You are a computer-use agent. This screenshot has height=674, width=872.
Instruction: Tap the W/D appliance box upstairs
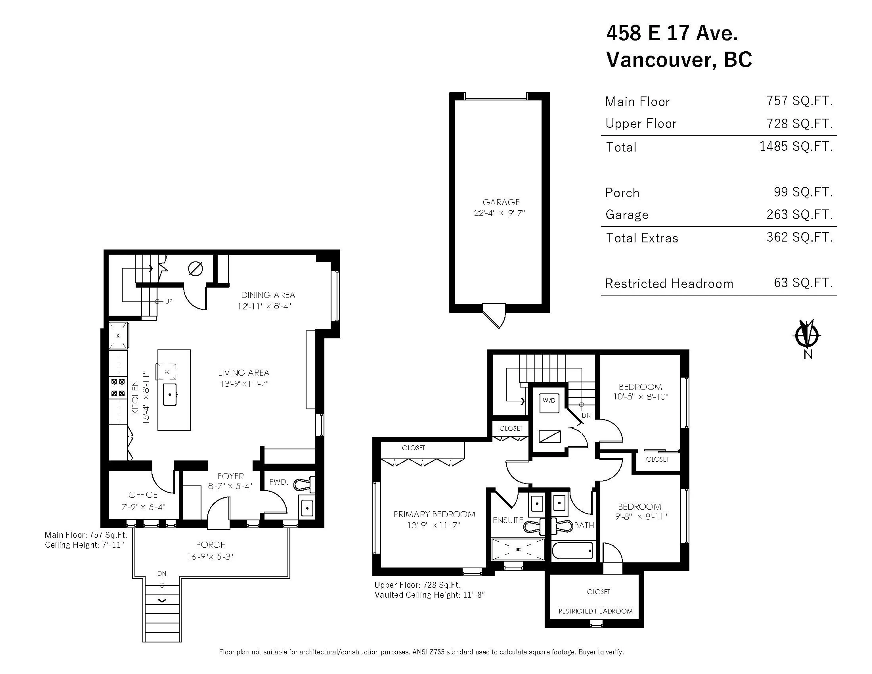click(x=549, y=403)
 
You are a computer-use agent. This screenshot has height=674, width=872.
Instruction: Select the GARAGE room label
click(x=501, y=202)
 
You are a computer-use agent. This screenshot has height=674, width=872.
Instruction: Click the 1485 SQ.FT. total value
click(x=796, y=147)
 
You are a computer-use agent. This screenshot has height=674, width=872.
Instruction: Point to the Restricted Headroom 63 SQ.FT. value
click(x=803, y=283)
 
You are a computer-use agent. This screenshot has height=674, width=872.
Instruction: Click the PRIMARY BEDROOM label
click(x=434, y=514)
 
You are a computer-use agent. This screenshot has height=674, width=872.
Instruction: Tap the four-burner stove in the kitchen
click(x=118, y=388)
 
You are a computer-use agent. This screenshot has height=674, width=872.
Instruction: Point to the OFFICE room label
click(x=143, y=495)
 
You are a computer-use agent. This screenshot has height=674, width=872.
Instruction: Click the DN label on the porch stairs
click(x=162, y=573)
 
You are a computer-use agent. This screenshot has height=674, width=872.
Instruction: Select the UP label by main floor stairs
click(x=169, y=302)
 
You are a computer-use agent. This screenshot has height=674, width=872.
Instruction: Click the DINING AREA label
click(x=268, y=295)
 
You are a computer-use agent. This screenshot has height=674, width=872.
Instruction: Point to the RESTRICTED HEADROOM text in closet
click(x=595, y=611)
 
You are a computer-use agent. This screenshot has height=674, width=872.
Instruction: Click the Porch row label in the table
click(x=622, y=193)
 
